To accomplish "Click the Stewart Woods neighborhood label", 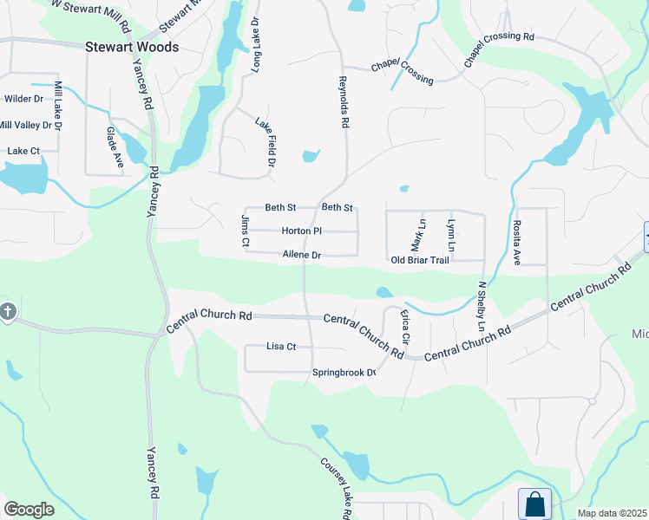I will (x=132, y=47).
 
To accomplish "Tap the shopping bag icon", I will (x=535, y=504).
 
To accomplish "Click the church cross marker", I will (x=7, y=311).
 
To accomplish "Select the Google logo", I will (x=29, y=510).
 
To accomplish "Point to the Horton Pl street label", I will (x=302, y=231).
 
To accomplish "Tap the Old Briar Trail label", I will (x=420, y=260).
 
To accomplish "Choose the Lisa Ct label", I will (x=281, y=347).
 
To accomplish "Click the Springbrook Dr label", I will (x=344, y=373).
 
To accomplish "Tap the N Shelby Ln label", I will (x=482, y=306).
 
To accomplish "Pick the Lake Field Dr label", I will (x=265, y=143).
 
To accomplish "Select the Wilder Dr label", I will (x=23, y=99).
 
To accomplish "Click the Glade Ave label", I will (x=115, y=146).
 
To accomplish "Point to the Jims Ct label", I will (x=245, y=231).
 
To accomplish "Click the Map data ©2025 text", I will (x=612, y=513).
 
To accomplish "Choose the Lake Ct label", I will (x=23, y=151).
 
